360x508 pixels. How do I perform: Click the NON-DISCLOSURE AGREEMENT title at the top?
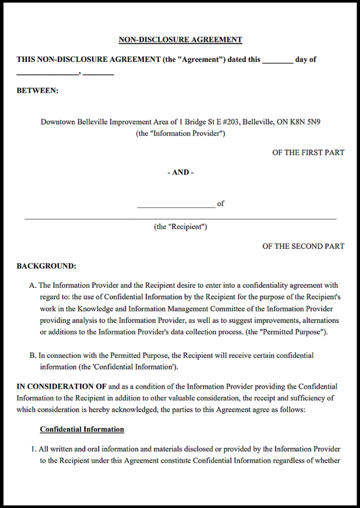180,40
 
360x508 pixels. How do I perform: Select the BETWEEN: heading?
38,90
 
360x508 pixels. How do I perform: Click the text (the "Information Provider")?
180,133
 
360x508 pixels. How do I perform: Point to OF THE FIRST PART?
308,152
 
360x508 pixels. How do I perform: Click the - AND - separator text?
180,172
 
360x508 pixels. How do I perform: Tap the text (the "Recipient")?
180,227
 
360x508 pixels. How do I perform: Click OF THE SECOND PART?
303,246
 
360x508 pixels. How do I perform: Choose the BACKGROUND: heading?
46,266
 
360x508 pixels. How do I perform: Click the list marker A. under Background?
33,285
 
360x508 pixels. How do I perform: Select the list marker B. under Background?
33,355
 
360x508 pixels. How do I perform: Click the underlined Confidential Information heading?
82,429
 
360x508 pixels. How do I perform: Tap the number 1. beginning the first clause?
34,449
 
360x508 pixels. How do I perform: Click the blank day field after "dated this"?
277,62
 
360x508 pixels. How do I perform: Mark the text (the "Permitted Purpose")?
287,332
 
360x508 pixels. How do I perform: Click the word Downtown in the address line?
58,122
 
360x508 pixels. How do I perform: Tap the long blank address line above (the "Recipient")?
180,218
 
